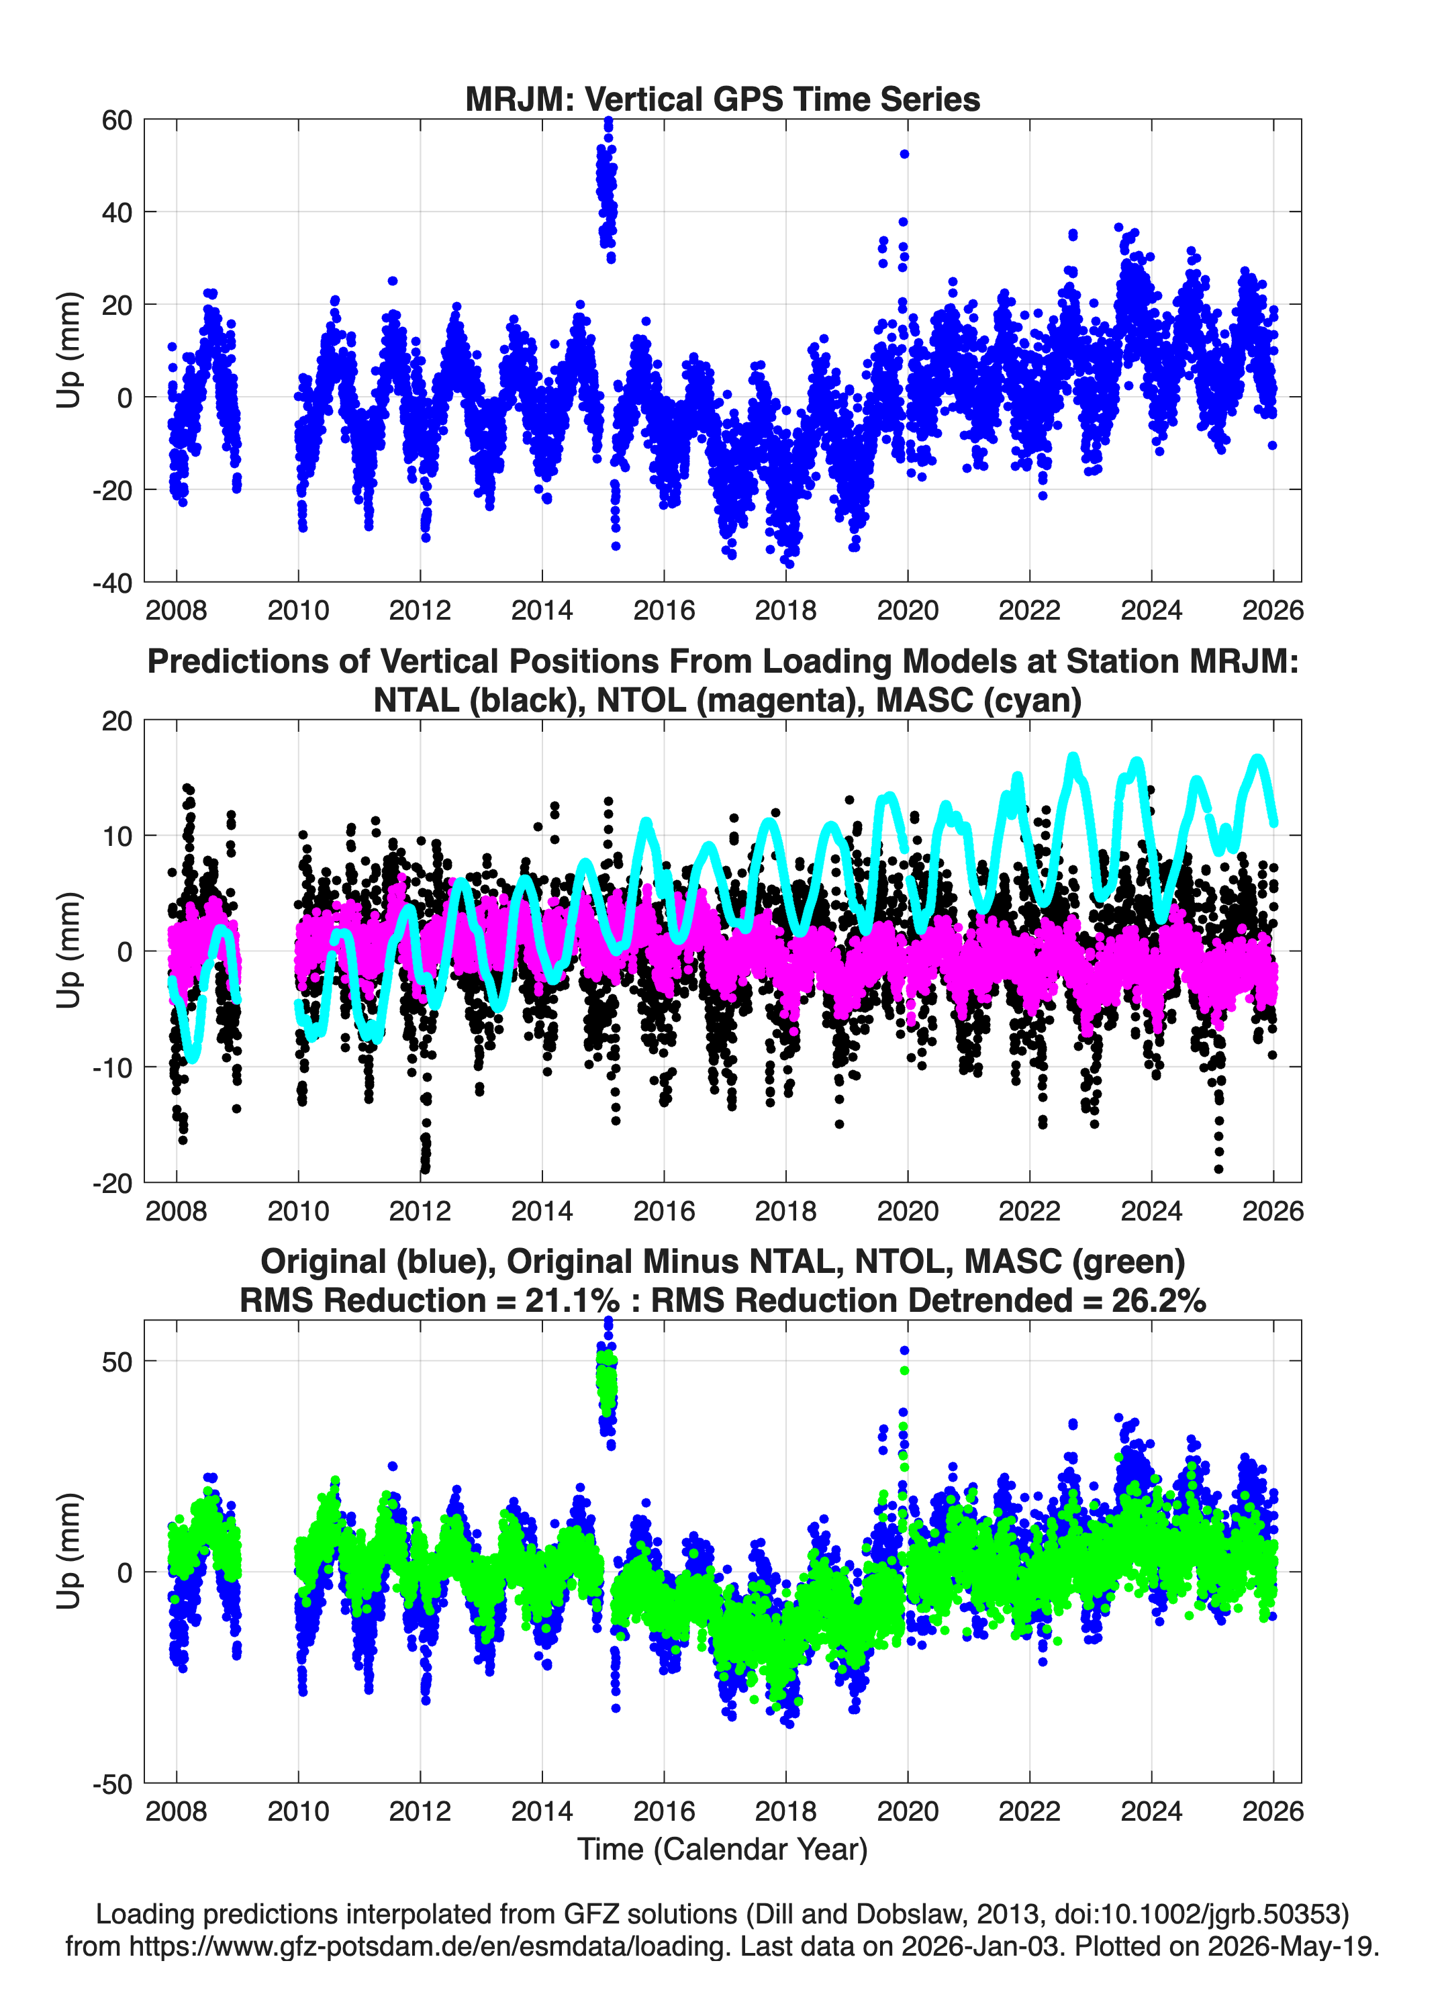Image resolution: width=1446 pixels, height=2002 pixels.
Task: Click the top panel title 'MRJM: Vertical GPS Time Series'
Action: pyautogui.click(x=722, y=99)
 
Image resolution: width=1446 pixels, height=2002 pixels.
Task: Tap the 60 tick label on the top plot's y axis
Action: pyautogui.click(x=117, y=120)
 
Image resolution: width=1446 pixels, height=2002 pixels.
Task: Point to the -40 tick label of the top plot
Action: pyautogui.click(x=112, y=583)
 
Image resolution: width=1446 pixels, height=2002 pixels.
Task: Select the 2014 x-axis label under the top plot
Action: pyautogui.click(x=542, y=610)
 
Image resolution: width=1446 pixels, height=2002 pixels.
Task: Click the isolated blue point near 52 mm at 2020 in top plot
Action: pyautogui.click(x=904, y=154)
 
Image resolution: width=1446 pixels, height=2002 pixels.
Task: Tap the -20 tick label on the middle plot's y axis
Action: pyautogui.click(x=112, y=1184)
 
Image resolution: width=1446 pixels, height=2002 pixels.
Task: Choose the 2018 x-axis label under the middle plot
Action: pyautogui.click(x=785, y=1211)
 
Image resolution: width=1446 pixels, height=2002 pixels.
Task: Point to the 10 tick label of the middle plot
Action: pyautogui.click(x=117, y=836)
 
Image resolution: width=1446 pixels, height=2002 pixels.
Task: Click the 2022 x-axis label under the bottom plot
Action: pyautogui.click(x=1029, y=1812)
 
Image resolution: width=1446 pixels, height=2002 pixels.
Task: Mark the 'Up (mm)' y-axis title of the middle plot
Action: pyautogui.click(x=69, y=951)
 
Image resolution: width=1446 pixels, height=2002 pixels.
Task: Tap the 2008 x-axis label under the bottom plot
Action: pyautogui.click(x=177, y=1812)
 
